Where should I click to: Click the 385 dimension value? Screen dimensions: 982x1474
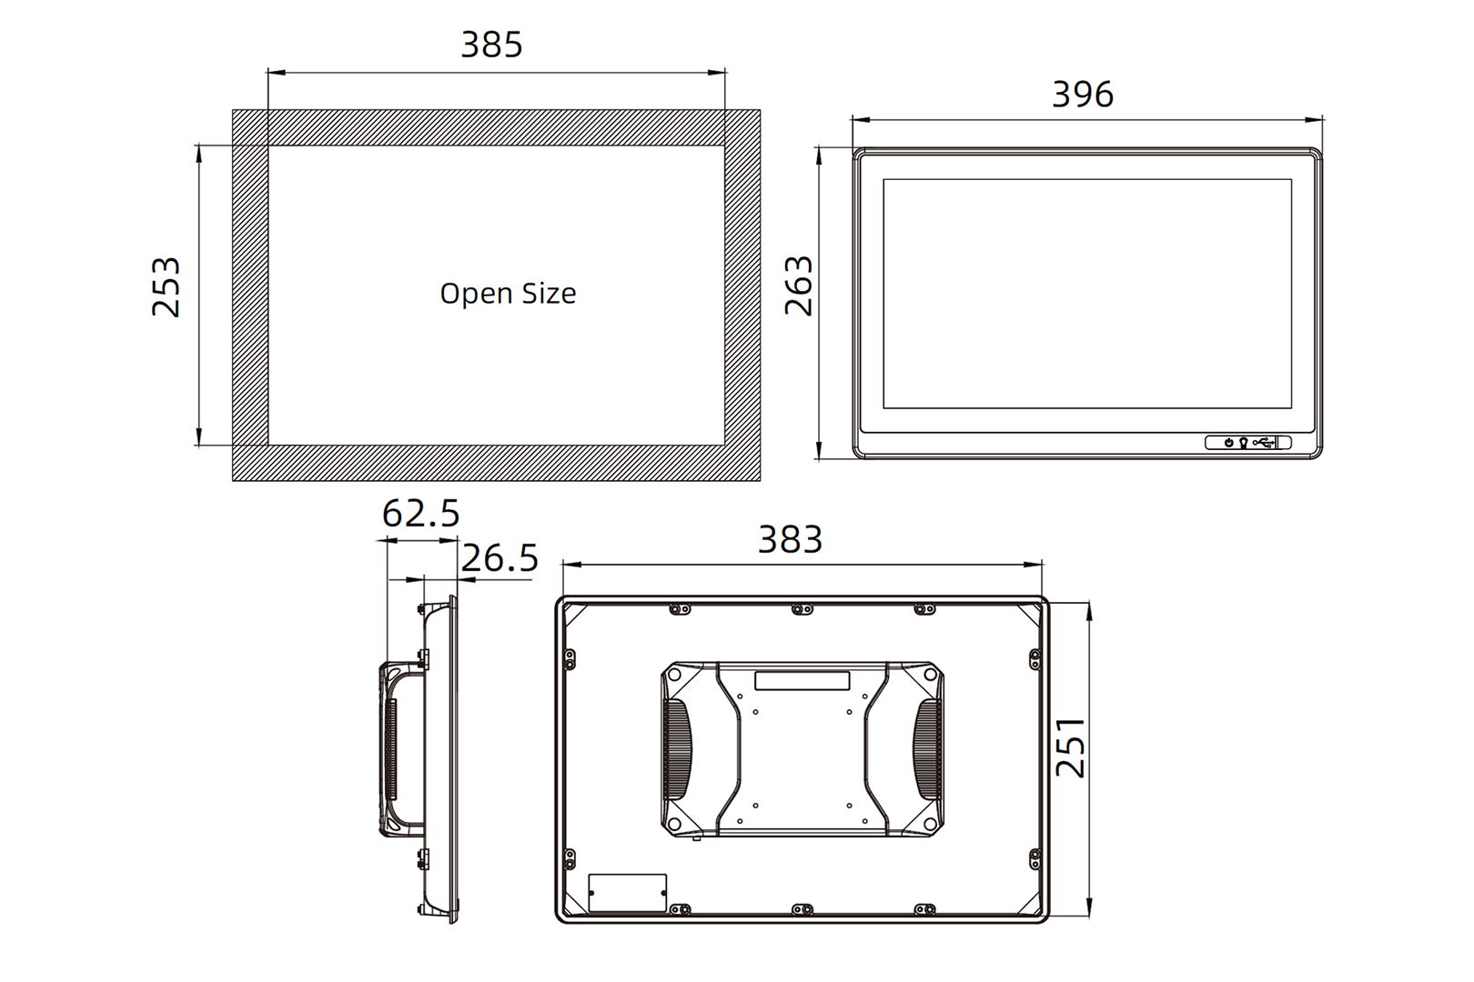(491, 45)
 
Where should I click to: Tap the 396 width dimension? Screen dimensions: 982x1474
(1082, 95)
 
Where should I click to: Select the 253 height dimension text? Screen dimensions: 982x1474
(167, 287)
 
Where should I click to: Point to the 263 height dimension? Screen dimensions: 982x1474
(799, 286)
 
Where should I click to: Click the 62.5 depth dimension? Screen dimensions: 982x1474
(420, 514)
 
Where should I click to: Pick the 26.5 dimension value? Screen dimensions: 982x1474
(500, 558)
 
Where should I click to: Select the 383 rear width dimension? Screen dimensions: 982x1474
(790, 540)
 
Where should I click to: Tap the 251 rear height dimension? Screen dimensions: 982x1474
(1071, 747)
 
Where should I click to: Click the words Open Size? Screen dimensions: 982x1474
(508, 294)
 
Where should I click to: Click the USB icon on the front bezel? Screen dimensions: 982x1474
(1263, 443)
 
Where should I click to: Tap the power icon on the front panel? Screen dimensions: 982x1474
(1228, 443)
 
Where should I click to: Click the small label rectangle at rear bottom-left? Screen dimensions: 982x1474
(628, 893)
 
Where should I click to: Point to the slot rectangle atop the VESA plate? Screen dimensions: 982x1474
(802, 681)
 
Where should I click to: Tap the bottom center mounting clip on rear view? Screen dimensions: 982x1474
(801, 909)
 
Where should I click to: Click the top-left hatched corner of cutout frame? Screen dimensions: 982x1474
(250, 127)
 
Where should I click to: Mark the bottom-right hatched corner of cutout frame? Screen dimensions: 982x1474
(742, 463)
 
